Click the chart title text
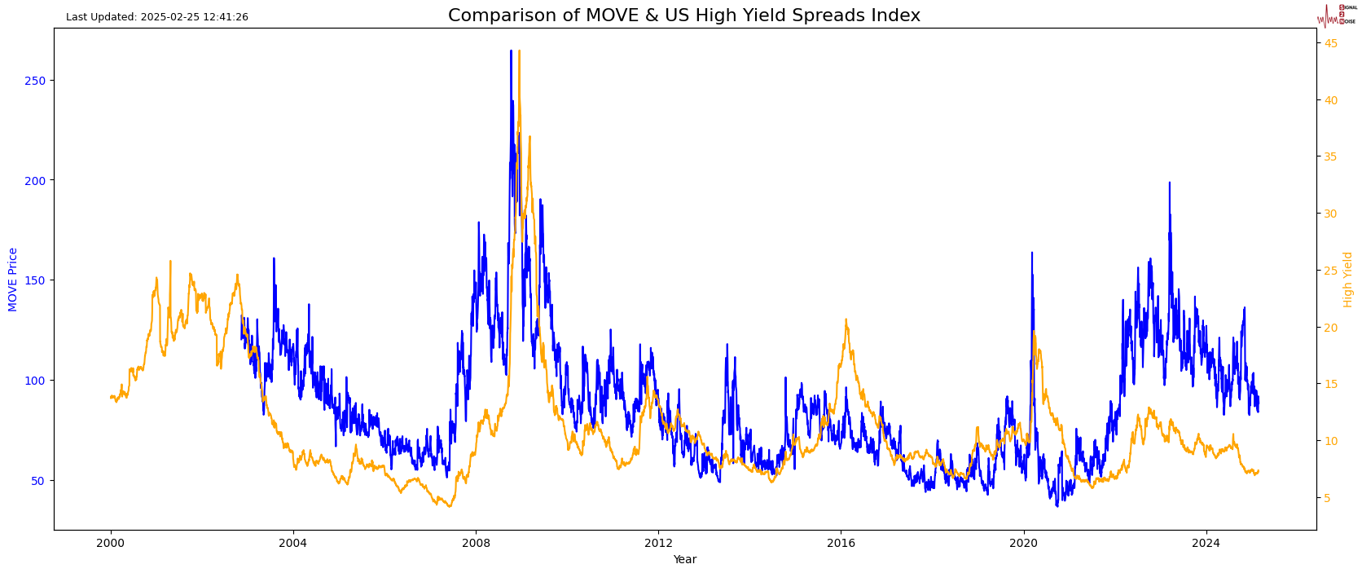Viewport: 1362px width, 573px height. (683, 15)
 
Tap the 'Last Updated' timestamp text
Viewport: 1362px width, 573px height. (157, 17)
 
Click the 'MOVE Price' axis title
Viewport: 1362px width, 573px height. (13, 280)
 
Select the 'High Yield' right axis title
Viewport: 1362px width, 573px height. (1348, 280)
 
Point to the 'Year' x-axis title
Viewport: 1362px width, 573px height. (684, 559)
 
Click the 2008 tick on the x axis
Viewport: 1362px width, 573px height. (476, 543)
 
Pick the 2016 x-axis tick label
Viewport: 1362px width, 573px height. (841, 543)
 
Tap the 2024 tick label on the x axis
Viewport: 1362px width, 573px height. (1206, 543)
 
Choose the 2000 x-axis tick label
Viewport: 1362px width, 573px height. (111, 543)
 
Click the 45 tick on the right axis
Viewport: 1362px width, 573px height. (1330, 43)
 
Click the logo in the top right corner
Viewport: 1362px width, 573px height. (1337, 15)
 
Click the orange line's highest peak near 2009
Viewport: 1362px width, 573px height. (519, 51)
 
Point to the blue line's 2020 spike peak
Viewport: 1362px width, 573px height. (1031, 253)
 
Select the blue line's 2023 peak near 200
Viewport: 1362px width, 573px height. (1169, 183)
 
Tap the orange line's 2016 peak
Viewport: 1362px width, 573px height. (846, 320)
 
